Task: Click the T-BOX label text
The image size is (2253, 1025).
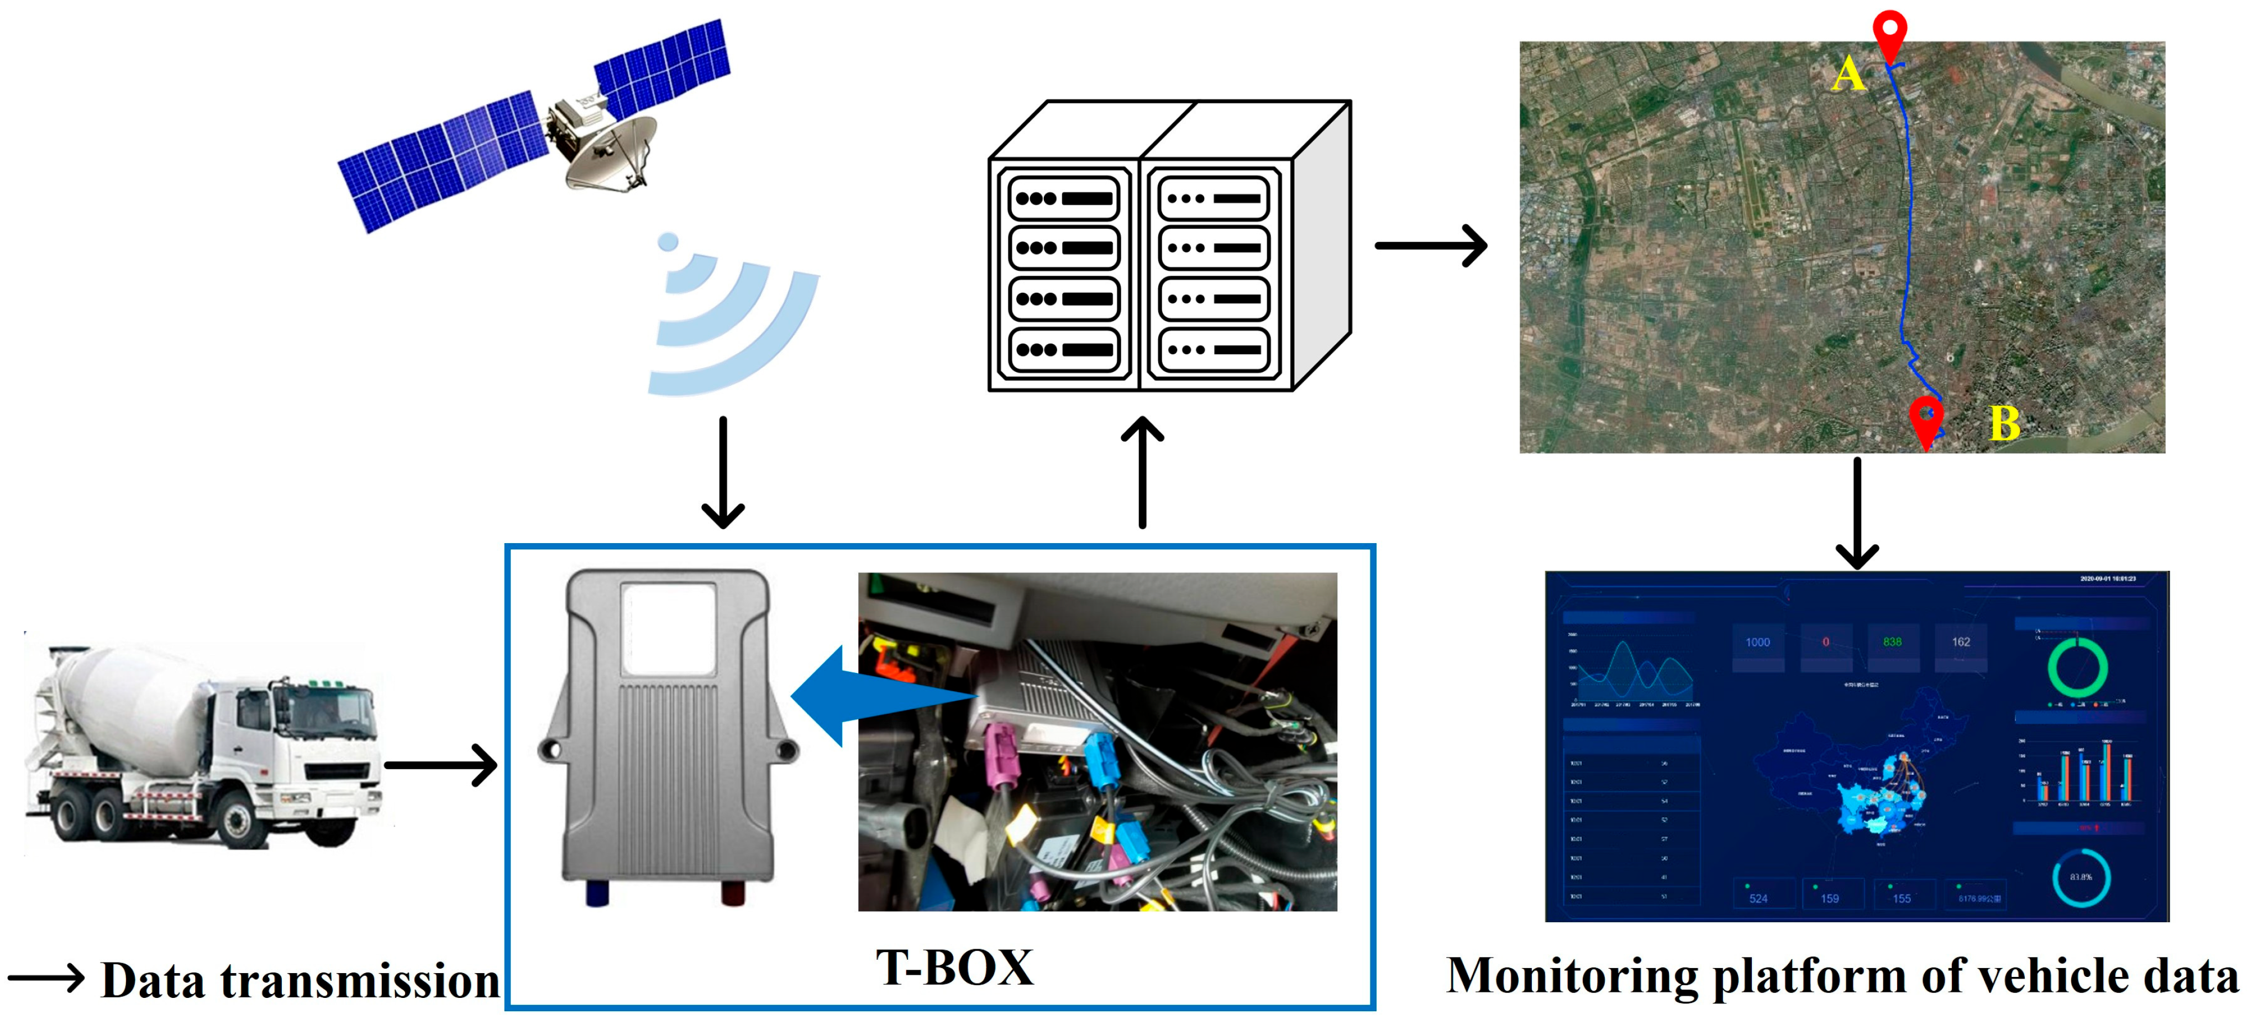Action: tap(954, 968)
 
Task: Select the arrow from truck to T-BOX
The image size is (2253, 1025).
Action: tap(441, 765)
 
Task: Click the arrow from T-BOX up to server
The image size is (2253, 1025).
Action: tap(1142, 472)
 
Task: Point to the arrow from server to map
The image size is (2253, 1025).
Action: tap(1431, 246)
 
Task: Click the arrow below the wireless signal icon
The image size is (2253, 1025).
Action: tap(723, 472)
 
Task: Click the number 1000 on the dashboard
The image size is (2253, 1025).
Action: tap(1757, 642)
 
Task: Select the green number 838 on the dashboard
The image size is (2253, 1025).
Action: tap(1892, 642)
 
